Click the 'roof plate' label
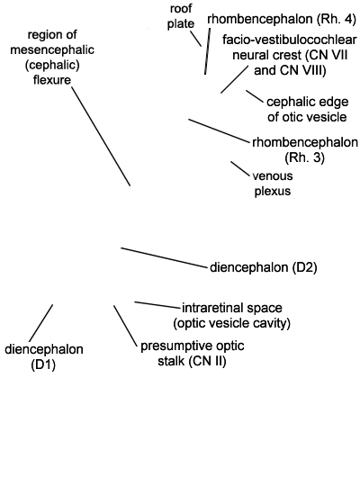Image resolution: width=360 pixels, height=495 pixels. (x=180, y=16)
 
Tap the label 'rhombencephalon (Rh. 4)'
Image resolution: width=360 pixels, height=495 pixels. (x=282, y=19)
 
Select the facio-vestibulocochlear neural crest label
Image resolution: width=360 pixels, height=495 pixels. (x=290, y=55)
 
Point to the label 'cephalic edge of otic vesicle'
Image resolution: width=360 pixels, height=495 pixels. (x=307, y=109)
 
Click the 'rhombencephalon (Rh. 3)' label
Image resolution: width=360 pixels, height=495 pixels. (x=305, y=149)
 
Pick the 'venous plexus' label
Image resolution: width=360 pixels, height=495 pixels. (x=273, y=184)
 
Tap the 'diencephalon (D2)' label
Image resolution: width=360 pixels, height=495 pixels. (x=264, y=267)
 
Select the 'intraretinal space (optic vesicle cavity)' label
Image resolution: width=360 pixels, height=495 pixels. (x=232, y=315)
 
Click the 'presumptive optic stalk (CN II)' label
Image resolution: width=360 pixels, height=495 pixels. (x=192, y=354)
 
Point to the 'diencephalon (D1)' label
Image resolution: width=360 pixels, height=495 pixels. (x=44, y=357)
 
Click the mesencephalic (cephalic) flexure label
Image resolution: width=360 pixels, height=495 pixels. (x=52, y=57)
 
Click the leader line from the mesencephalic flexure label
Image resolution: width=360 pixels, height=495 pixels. (x=101, y=136)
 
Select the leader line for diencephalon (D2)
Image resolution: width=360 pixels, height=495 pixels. (x=164, y=258)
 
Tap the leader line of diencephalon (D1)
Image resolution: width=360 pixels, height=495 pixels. (x=40, y=323)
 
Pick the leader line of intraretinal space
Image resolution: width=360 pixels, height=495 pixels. (x=157, y=304)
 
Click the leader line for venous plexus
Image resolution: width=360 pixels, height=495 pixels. (x=240, y=168)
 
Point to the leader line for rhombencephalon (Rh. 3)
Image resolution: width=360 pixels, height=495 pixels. (x=219, y=130)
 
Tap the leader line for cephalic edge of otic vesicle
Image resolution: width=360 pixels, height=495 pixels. (x=255, y=96)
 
